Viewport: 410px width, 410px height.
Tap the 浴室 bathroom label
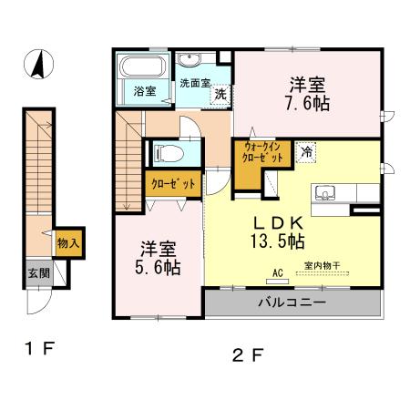pos(144,91)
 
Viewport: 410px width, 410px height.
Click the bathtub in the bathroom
pos(142,68)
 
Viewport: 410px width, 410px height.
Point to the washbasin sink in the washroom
pos(190,61)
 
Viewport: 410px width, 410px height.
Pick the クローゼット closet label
pos(173,184)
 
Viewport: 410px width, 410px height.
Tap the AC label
pos(277,271)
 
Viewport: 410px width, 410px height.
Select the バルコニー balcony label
pos(291,302)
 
